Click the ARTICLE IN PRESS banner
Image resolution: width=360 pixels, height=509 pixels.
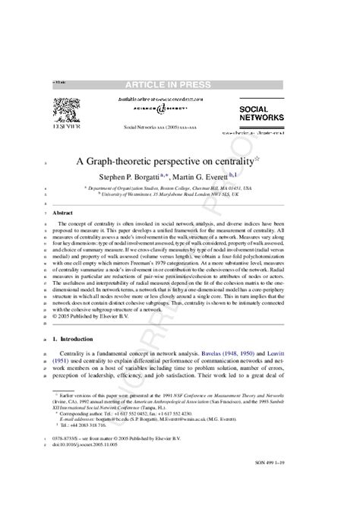click(180, 87)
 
